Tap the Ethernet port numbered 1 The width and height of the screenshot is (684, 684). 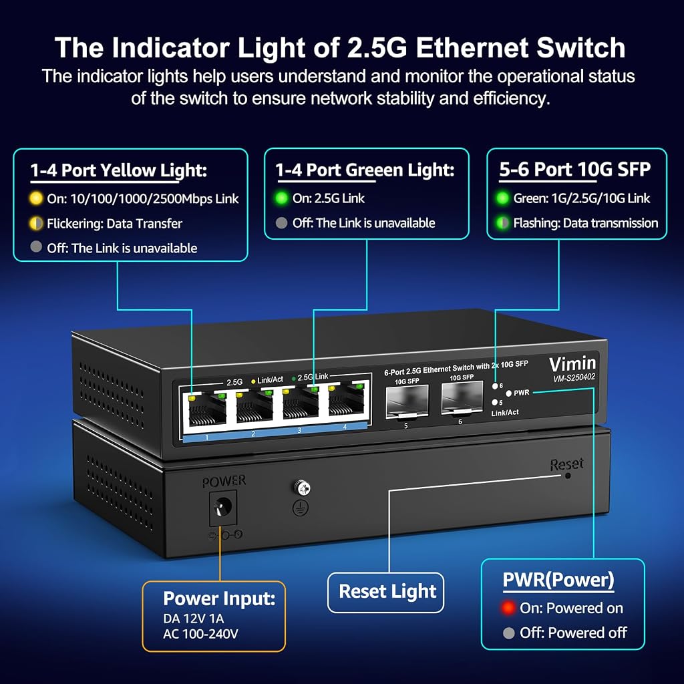(x=207, y=410)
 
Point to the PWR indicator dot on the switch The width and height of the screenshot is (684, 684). (x=508, y=393)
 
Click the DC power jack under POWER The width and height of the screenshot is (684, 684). (x=222, y=508)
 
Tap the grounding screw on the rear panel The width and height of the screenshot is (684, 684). (x=303, y=488)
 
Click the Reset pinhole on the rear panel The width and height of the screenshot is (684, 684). (x=568, y=476)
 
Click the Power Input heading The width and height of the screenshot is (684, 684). (x=219, y=598)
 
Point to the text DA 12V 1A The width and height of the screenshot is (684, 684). (x=193, y=619)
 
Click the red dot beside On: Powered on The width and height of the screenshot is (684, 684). (x=508, y=608)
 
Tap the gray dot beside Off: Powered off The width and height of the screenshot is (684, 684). (x=508, y=633)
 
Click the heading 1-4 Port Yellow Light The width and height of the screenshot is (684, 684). (x=119, y=170)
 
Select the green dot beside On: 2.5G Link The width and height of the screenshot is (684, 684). (x=281, y=198)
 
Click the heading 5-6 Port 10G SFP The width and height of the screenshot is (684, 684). (x=575, y=169)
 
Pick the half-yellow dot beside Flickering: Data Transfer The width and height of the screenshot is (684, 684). (x=36, y=223)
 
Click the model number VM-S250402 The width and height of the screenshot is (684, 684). (x=574, y=378)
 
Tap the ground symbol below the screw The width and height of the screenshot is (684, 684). (x=301, y=508)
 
